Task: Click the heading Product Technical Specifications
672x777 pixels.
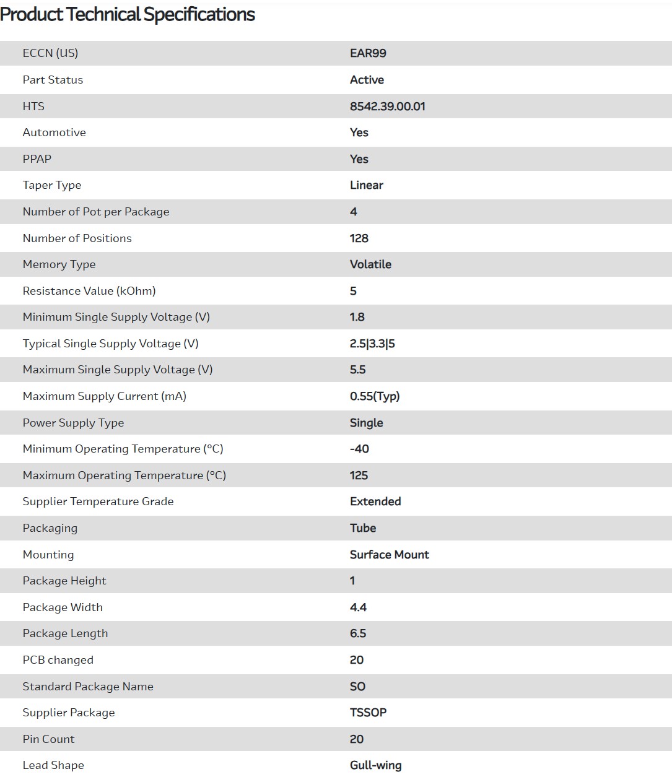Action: pos(128,14)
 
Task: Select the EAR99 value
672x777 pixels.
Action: pos(368,53)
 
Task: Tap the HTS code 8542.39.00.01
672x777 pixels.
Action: pos(387,106)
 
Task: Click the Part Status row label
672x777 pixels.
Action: pos(53,80)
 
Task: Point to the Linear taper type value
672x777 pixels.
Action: pos(366,185)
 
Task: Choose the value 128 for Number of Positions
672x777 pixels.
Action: pos(359,238)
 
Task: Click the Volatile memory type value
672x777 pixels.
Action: pos(370,264)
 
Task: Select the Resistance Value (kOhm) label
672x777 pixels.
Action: pos(89,291)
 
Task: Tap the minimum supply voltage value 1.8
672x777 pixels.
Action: pos(357,317)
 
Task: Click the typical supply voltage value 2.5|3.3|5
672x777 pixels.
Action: pos(372,344)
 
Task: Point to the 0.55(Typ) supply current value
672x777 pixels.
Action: pos(375,396)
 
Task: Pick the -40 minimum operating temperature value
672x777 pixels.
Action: pos(359,449)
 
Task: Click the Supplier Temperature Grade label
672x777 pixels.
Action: pos(98,501)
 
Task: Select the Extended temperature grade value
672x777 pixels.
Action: pos(375,501)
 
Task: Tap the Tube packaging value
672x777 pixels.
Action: pos(363,528)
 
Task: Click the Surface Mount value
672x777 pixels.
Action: pos(389,555)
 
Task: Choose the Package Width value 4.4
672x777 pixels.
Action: pos(358,607)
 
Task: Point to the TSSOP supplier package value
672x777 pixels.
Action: pos(368,713)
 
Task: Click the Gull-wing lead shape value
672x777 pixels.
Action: pos(375,765)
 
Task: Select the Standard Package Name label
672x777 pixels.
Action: pos(88,687)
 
